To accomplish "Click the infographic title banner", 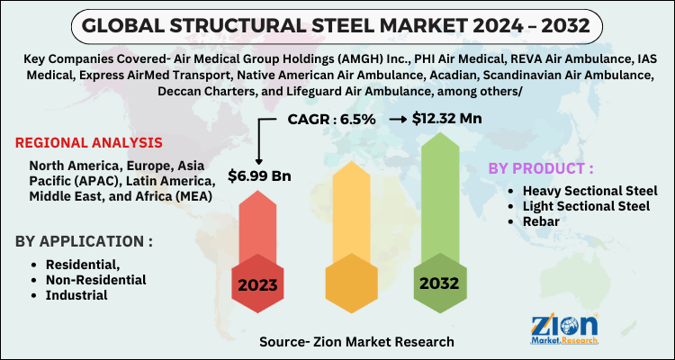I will pos(337,22).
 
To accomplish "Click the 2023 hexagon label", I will pos(258,285).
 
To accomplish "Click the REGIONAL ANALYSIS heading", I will pos(89,142).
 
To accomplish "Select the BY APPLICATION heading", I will pos(84,241).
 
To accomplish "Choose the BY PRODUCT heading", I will pos(541,168).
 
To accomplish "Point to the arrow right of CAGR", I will pos(394,118).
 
